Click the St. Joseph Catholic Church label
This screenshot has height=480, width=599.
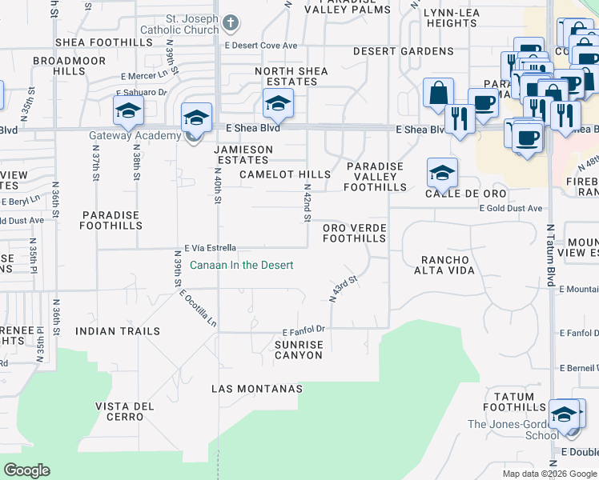[181, 23]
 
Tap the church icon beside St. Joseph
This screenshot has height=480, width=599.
[230, 23]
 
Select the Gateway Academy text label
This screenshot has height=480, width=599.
[135, 135]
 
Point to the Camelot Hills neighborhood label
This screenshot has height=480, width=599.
[284, 174]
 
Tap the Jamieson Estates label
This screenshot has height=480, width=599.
[243, 154]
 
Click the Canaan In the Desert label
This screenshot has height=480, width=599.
[241, 265]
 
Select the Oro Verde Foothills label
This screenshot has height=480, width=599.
[354, 233]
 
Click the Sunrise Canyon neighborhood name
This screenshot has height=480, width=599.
[299, 350]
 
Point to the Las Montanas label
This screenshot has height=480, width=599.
[257, 389]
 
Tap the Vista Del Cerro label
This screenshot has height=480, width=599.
[124, 411]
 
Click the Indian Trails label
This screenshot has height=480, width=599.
[118, 330]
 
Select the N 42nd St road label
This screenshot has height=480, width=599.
[307, 203]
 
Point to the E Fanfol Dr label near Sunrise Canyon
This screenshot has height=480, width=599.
[302, 330]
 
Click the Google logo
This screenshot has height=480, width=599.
[26, 470]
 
